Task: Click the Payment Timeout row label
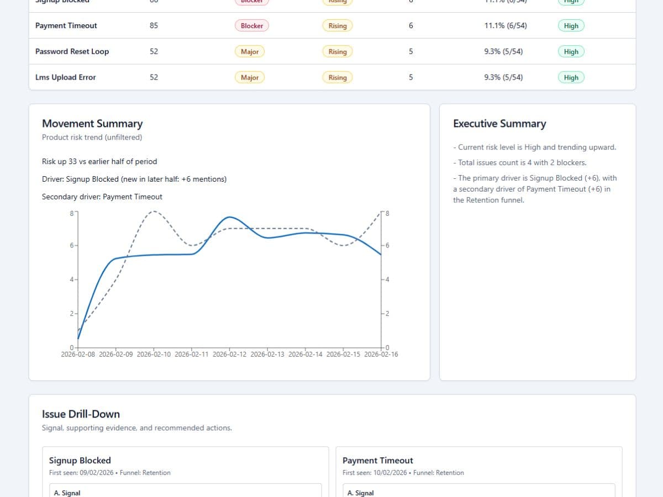click(x=66, y=25)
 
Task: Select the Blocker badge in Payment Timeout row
click(x=251, y=25)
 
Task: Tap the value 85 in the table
click(x=154, y=25)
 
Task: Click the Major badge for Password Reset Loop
click(x=250, y=51)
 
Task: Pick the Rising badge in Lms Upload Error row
click(x=337, y=77)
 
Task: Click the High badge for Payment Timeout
click(x=571, y=25)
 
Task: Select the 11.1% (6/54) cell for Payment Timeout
click(x=505, y=25)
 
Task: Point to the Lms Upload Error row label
click(x=65, y=77)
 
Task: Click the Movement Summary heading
click(x=92, y=124)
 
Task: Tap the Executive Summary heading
click(x=499, y=124)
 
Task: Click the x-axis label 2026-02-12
click(x=230, y=355)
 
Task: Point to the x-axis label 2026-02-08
click(x=78, y=355)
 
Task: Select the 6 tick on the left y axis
click(x=72, y=245)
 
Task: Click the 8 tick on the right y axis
click(x=387, y=213)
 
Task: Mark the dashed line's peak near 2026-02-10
click(x=154, y=211)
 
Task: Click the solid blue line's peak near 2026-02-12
click(x=230, y=217)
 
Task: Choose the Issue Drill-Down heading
click(x=81, y=414)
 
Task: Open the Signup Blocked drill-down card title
click(x=80, y=461)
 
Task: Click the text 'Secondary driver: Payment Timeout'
click(x=102, y=197)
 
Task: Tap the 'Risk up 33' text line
click(x=99, y=162)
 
